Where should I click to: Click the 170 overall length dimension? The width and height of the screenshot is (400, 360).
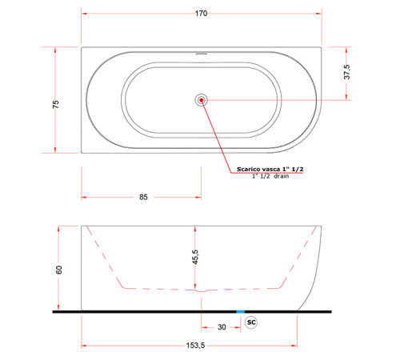coord(201,14)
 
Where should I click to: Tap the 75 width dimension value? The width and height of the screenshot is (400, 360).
coord(56,104)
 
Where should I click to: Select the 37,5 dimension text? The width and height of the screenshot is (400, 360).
coord(347,72)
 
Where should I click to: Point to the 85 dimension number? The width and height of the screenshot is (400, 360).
coord(143,197)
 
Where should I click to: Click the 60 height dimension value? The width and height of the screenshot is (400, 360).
coord(59,270)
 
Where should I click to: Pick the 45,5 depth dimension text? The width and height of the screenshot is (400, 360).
coord(195,257)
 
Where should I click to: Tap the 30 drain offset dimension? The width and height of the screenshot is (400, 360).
coord(222,327)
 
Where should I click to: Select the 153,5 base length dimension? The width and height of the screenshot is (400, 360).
coord(195,346)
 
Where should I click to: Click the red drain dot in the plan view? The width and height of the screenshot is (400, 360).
coord(202,100)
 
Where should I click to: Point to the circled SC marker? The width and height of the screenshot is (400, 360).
coord(251,322)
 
